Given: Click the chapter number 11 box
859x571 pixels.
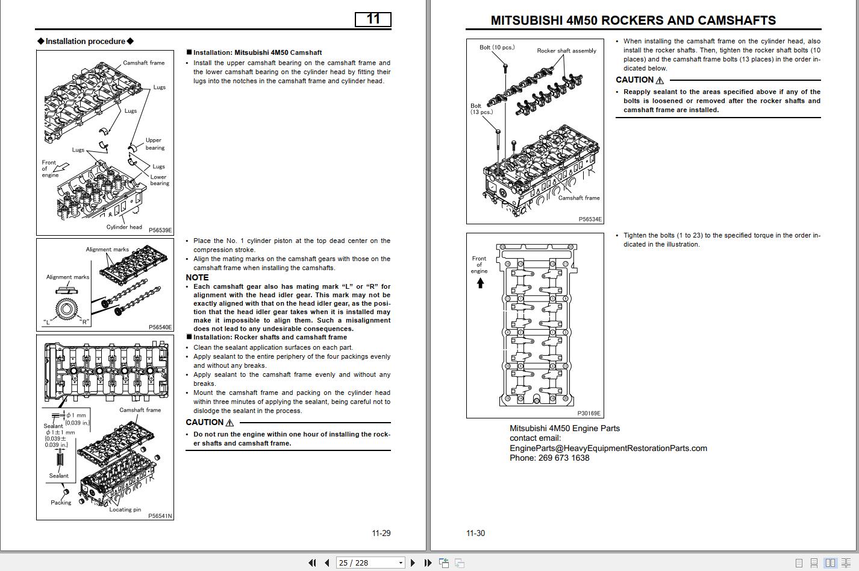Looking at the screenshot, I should [373, 19].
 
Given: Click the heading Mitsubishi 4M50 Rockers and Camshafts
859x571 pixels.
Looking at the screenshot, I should [633, 21].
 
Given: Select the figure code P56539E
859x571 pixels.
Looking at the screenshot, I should [160, 230].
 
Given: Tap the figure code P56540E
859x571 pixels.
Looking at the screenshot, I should [160, 327].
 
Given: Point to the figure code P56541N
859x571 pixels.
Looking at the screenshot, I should [160, 516].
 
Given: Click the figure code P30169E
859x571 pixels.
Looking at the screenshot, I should [589, 414].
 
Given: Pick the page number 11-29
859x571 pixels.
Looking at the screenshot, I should [381, 533].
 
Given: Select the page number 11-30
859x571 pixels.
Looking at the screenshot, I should [475, 533].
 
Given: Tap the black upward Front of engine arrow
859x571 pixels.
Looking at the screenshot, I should [480, 283].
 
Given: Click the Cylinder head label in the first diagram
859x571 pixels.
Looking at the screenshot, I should [124, 227].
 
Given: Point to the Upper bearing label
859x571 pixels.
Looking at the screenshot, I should [154, 144].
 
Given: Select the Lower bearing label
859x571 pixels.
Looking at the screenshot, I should [159, 180].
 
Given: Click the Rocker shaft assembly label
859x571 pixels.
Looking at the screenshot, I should [566, 51].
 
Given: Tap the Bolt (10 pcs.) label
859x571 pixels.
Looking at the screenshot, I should [497, 47].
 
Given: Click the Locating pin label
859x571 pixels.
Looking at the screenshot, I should [125, 509].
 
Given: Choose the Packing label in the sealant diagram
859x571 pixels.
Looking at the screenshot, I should [61, 502].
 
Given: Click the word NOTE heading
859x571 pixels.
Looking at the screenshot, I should [197, 277].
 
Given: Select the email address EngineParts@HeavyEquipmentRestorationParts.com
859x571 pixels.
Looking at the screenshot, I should [608, 448].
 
